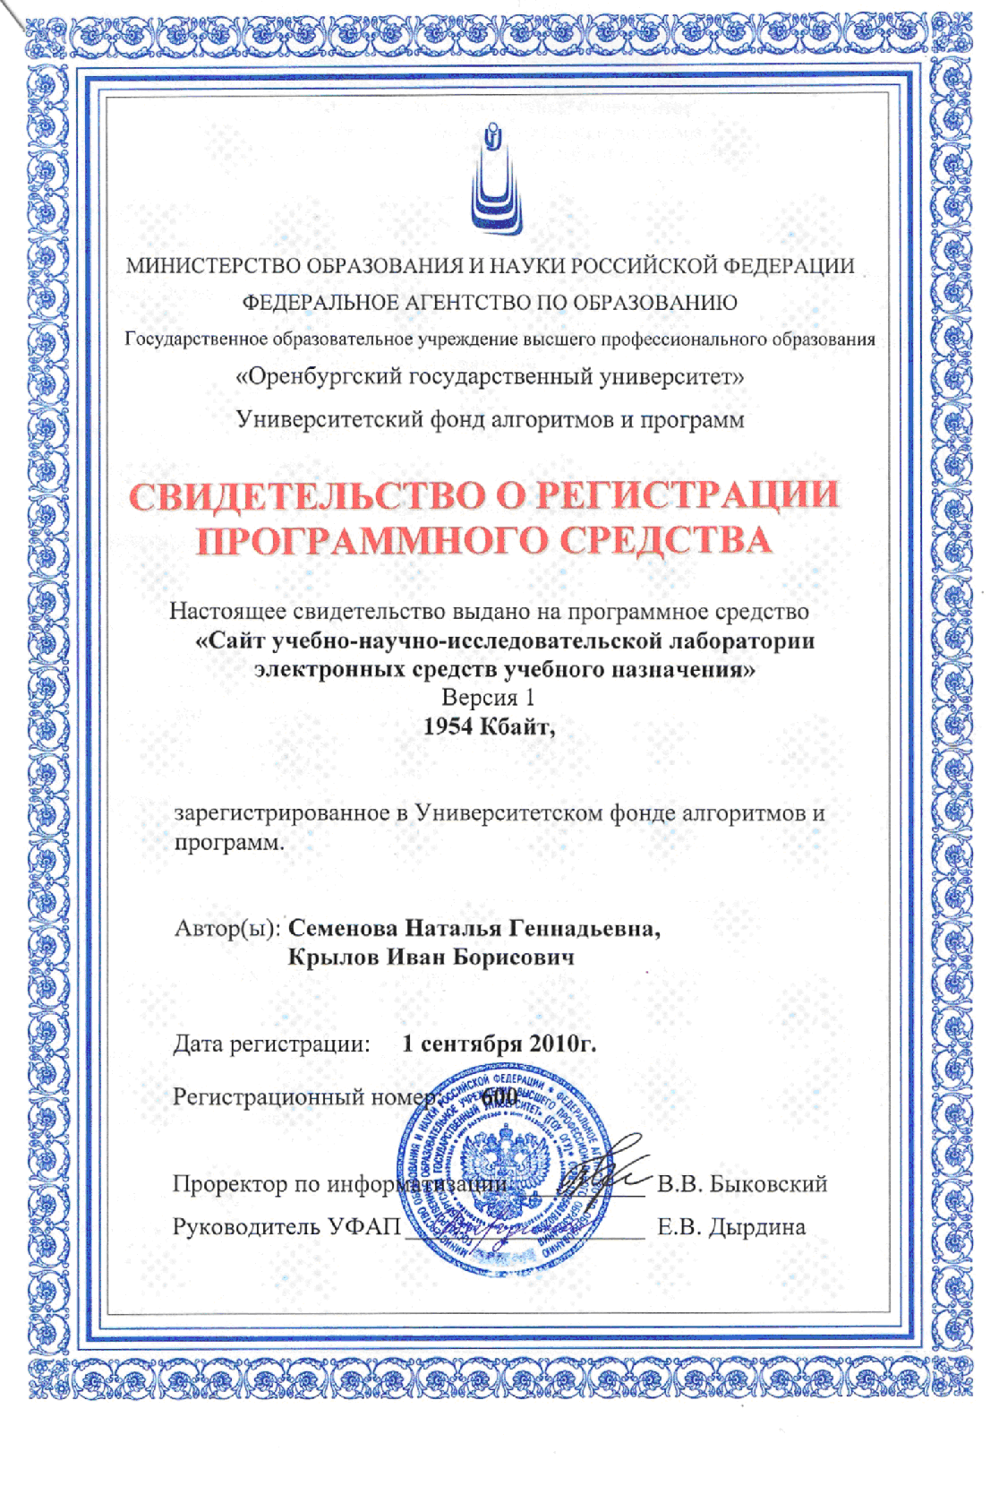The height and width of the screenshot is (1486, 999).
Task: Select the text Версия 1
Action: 487,698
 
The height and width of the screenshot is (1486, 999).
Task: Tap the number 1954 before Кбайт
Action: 447,726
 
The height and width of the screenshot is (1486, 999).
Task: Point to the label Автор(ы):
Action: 227,928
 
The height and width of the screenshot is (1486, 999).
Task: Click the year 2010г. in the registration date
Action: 562,1044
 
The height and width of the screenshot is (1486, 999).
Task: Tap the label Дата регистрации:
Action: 271,1044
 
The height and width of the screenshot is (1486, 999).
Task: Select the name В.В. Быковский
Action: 742,1184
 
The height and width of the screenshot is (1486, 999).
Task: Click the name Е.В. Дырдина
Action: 730,1227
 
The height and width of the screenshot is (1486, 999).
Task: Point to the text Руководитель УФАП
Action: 286,1227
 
